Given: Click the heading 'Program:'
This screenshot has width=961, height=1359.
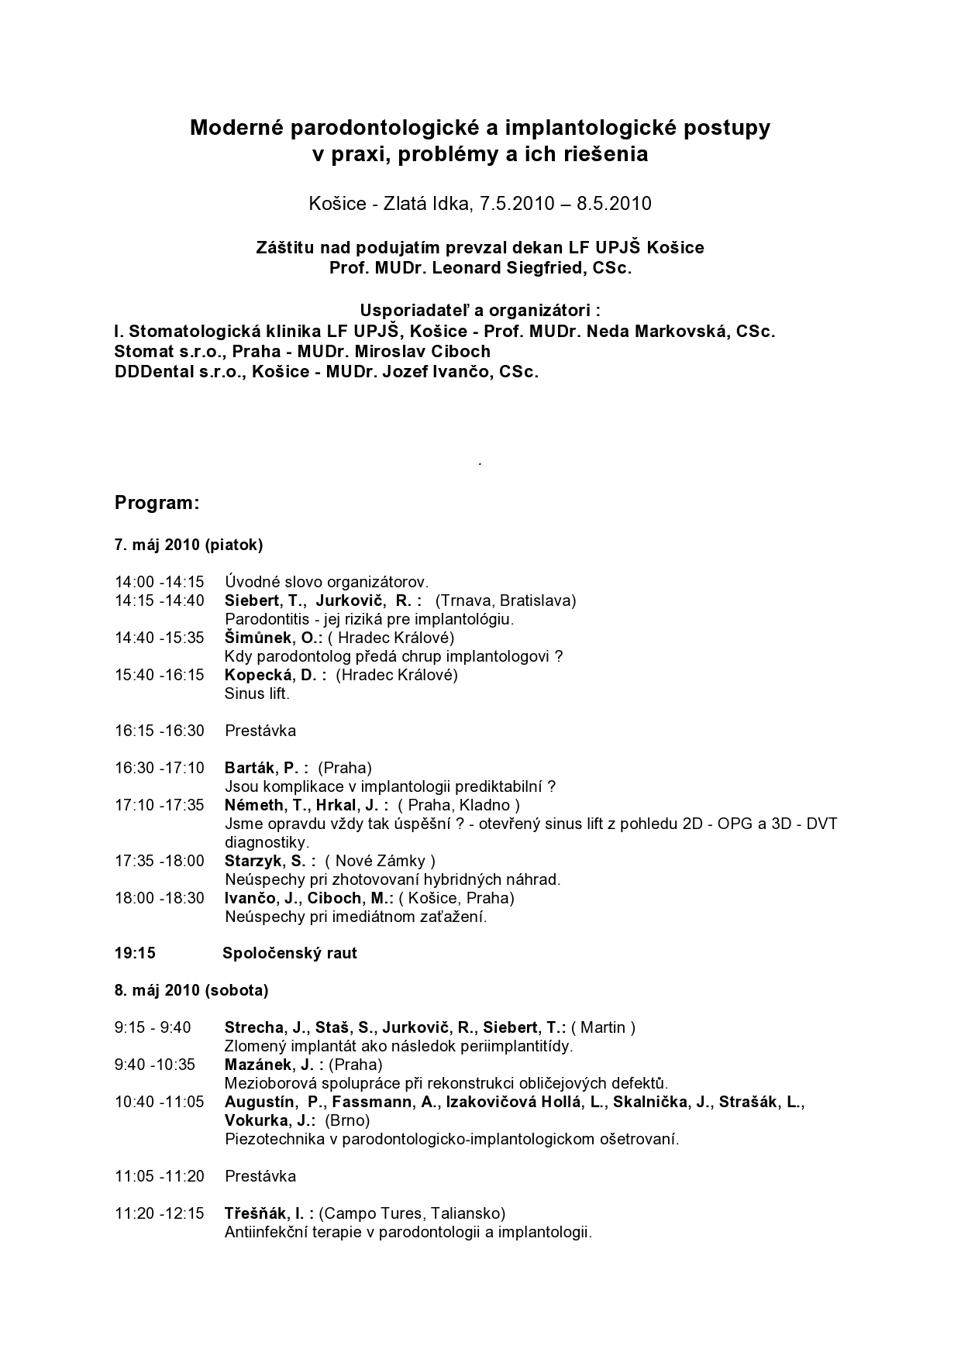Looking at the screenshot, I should pyautogui.click(x=157, y=503).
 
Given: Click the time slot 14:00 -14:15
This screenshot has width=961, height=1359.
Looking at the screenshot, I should pyautogui.click(x=160, y=582).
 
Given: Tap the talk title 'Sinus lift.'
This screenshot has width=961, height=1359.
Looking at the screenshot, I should pyautogui.click(x=257, y=693).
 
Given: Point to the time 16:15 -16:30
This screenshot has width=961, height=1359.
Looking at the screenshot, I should pyautogui.click(x=160, y=731).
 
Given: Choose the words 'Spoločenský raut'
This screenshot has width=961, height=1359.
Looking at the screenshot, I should pyautogui.click(x=290, y=953).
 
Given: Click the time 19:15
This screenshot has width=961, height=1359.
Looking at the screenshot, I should pyautogui.click(x=136, y=953).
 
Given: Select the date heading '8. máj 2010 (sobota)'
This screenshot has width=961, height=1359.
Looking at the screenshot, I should pyautogui.click(x=191, y=990).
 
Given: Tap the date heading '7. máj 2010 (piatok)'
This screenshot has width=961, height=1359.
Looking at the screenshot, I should pyautogui.click(x=189, y=545).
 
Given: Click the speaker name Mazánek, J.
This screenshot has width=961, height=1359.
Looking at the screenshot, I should pyautogui.click(x=269, y=1065).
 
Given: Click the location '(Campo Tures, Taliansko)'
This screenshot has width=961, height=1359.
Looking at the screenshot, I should pyautogui.click(x=412, y=1213).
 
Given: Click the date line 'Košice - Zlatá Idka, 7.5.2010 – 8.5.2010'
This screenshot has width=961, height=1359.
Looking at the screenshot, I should pyautogui.click(x=480, y=204).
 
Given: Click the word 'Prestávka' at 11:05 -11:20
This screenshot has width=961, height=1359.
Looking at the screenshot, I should pyautogui.click(x=260, y=1176).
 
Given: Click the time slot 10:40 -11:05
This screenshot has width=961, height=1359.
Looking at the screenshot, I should pyautogui.click(x=160, y=1102).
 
